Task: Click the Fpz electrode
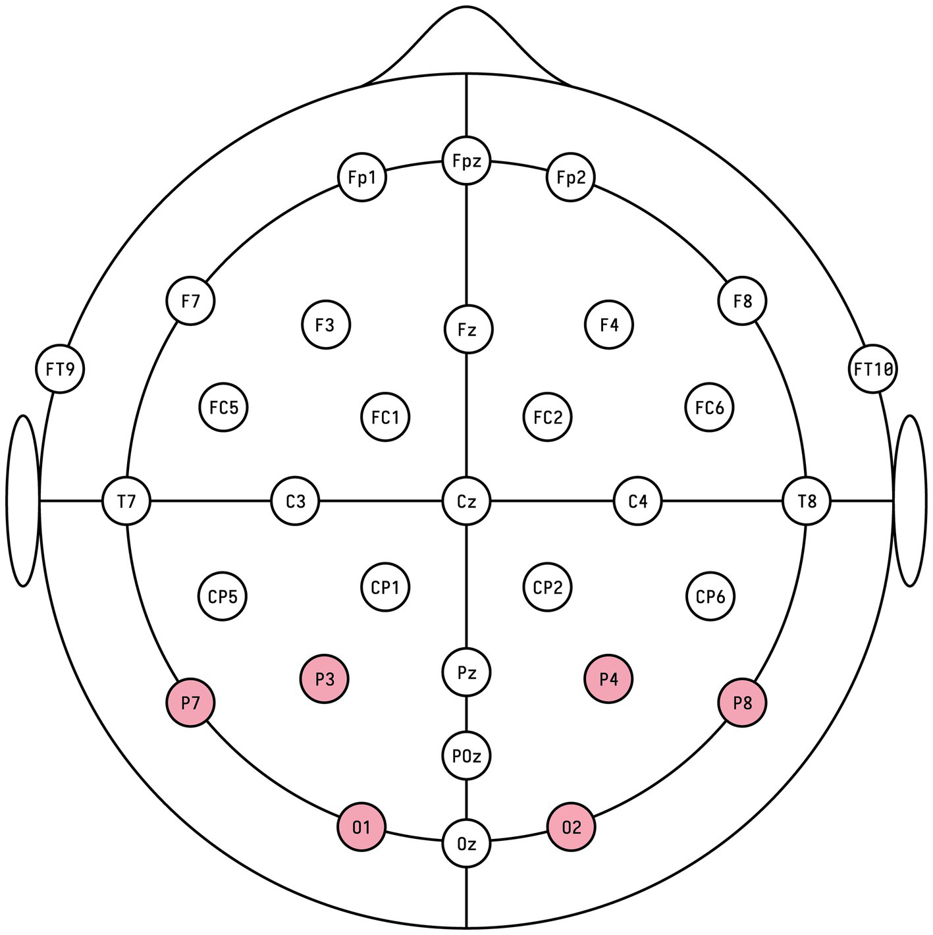[x=466, y=161]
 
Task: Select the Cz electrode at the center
[x=466, y=501]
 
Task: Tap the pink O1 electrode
[x=361, y=827]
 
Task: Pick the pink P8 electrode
[x=742, y=703]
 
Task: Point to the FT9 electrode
[x=60, y=369]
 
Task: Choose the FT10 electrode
[x=873, y=369]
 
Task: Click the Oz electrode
[x=466, y=843]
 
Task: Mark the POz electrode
[x=466, y=756]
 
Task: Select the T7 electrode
[x=126, y=501]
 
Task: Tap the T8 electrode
[x=807, y=501]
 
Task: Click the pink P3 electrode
[x=325, y=679]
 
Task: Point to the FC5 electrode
[x=223, y=408]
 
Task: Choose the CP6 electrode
[x=710, y=597]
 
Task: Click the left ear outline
[x=22, y=500]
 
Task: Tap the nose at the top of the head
[x=466, y=40]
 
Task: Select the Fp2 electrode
[x=570, y=177]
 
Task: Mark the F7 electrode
[x=190, y=301]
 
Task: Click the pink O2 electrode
[x=571, y=827]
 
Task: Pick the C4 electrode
[x=637, y=501]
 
